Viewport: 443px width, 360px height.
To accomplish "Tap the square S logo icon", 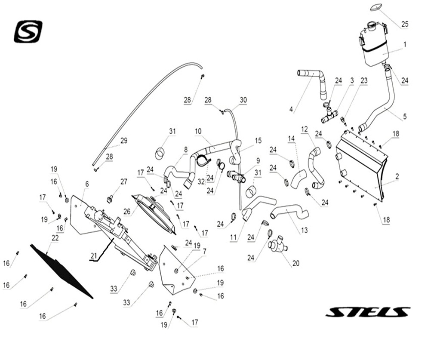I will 28,31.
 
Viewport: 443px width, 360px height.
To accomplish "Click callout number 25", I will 405,24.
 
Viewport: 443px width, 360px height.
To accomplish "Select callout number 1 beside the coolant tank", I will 405,44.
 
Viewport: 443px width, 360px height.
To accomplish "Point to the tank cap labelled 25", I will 376,7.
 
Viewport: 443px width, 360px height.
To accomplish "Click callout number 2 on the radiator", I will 397,176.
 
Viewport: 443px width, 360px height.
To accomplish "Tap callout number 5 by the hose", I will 405,117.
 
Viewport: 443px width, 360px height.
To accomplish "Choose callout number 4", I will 291,110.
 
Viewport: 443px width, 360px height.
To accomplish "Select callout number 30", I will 243,100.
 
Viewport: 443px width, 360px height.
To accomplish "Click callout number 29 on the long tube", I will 124,140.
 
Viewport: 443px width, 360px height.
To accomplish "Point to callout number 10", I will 198,131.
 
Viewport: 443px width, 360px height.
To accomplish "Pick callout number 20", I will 296,263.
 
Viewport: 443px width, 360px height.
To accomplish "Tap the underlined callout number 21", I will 94,256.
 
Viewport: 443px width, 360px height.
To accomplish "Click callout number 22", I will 55,238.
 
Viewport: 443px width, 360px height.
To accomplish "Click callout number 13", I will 305,231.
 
